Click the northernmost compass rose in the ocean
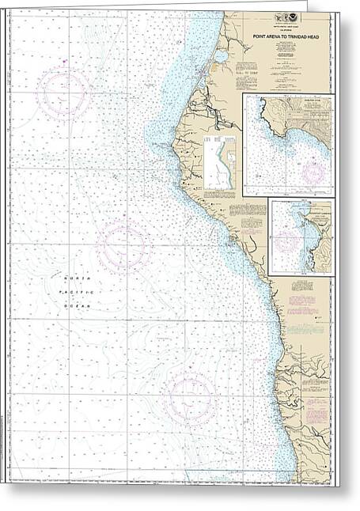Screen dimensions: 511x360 (x=64, y=93)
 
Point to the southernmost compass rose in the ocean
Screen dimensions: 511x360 (x=190, y=396)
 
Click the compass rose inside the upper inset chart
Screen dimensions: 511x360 (x=313, y=170)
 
